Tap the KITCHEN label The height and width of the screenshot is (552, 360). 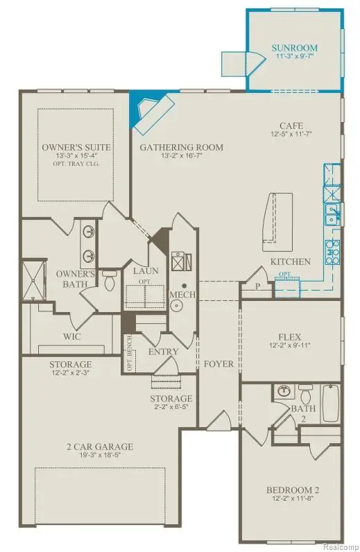pos(290,261)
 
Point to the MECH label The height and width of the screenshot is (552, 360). pos(182,295)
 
